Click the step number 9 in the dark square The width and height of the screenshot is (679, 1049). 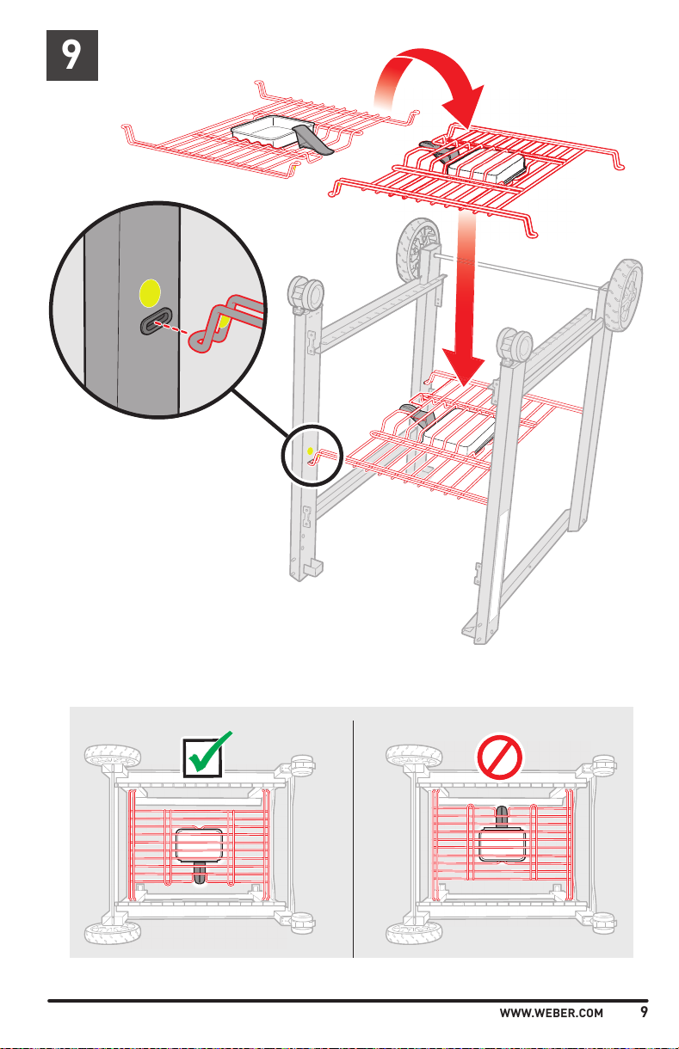pos(72,56)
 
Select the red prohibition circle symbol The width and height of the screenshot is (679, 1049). pos(502,756)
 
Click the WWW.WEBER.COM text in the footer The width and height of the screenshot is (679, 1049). pos(552,1013)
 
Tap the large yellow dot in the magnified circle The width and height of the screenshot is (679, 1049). pos(150,294)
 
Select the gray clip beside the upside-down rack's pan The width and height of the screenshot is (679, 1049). pos(311,139)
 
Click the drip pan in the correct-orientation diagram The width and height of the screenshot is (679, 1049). pos(200,844)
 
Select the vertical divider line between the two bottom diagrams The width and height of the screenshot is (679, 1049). pos(354,834)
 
